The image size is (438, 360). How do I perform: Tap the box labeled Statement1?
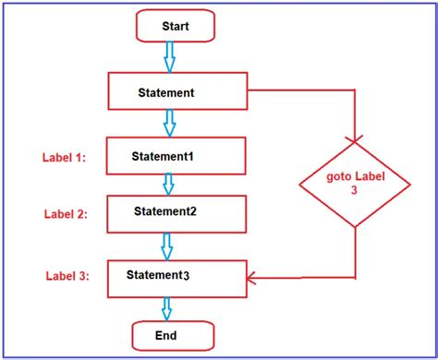point(176,155)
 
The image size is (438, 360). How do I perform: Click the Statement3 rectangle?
point(176,275)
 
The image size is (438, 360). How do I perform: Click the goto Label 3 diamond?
point(355,184)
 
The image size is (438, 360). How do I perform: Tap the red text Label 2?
point(65,214)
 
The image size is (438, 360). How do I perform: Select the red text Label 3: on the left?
point(65,275)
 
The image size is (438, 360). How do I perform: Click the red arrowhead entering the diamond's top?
point(355,138)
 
